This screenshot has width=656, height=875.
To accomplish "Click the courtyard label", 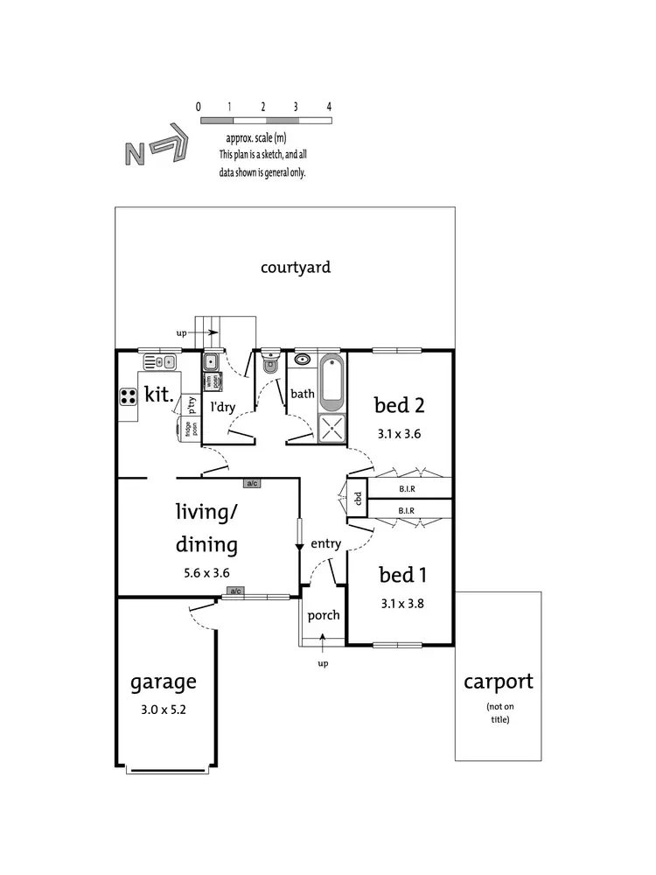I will click(x=296, y=268).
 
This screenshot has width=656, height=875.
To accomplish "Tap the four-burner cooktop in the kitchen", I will click(x=128, y=396).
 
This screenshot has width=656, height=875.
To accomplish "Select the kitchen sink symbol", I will click(x=159, y=360).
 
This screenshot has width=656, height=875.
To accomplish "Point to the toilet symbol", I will click(x=269, y=363).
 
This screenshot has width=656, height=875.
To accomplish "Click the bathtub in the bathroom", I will click(x=331, y=381).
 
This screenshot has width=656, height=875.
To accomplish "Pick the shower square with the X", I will click(x=331, y=427).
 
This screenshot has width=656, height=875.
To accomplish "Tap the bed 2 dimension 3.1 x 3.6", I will click(x=399, y=433).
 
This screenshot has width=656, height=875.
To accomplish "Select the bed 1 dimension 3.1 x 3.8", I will click(x=402, y=603).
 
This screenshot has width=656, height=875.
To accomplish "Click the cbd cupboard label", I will click(x=358, y=499).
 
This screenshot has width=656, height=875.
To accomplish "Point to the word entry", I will click(x=325, y=544).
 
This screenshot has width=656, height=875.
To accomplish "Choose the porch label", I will click(x=324, y=615).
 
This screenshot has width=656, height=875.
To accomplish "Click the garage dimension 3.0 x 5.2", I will click(x=163, y=710).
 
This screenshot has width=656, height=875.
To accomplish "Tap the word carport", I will click(x=498, y=682).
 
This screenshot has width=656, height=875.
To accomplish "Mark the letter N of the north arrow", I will click(x=135, y=155).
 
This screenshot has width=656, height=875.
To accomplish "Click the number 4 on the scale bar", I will click(x=329, y=107).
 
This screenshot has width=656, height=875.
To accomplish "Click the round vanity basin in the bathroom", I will click(x=303, y=359).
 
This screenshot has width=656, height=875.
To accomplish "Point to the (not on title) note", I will click(x=498, y=713).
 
